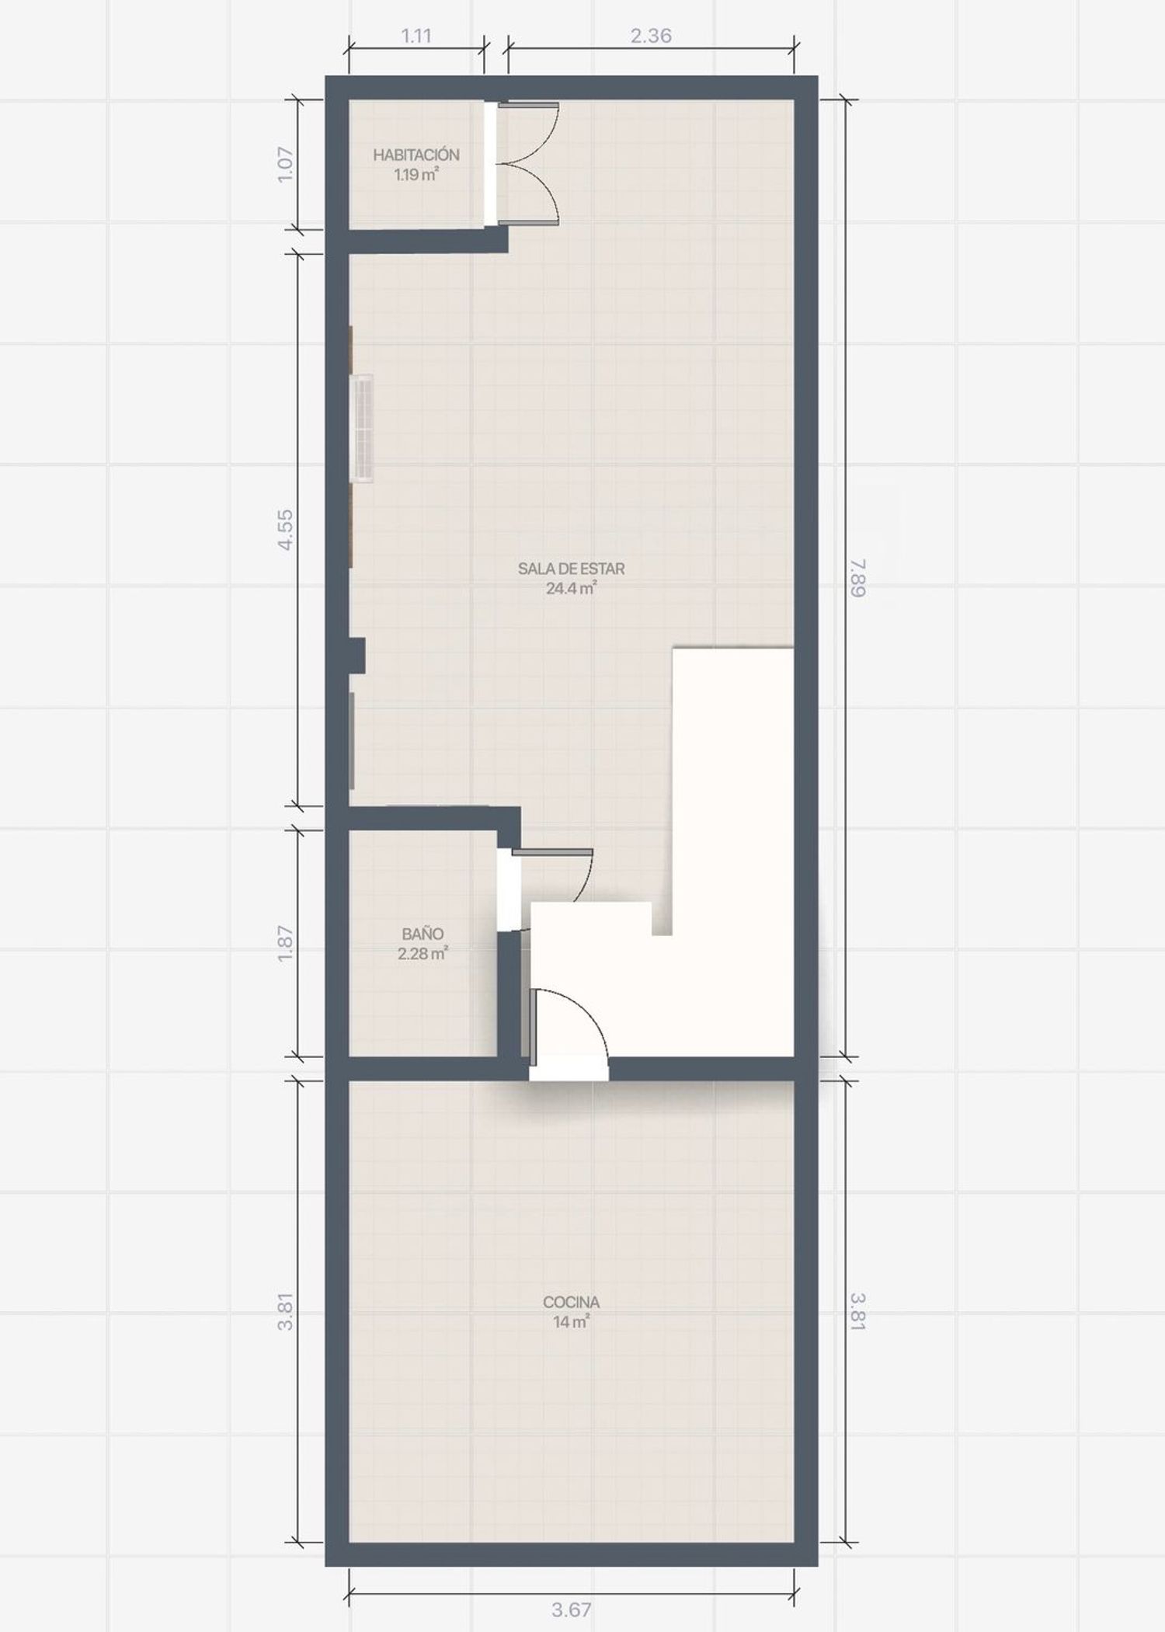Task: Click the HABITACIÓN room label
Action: [416, 155]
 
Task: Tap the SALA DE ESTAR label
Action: [571, 569]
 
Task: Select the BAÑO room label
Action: [423, 934]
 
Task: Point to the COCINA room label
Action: [571, 1302]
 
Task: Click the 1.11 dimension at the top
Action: [416, 36]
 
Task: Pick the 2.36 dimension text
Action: [651, 36]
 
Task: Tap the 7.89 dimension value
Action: [857, 578]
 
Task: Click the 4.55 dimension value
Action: [286, 530]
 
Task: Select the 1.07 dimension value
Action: [286, 165]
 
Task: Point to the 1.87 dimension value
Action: [286, 943]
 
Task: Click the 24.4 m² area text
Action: [571, 588]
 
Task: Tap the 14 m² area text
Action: [571, 1322]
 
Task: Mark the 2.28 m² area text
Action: [423, 954]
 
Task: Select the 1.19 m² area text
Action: [416, 174]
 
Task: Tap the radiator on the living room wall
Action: [362, 428]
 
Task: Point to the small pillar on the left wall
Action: [356, 655]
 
